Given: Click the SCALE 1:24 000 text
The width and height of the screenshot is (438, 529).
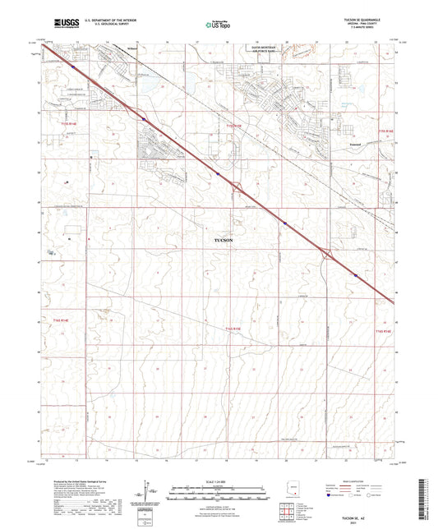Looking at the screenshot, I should point(218,481).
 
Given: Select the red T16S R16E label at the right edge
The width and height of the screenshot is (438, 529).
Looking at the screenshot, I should point(385,330).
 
